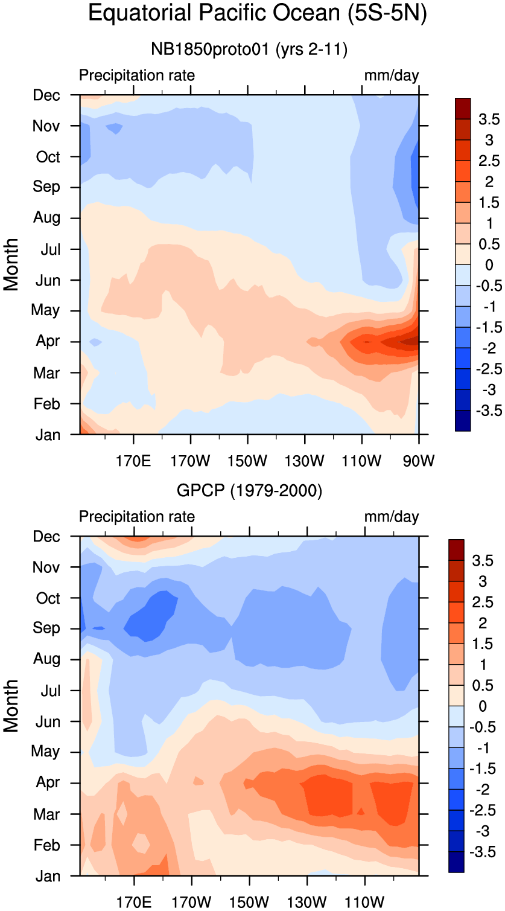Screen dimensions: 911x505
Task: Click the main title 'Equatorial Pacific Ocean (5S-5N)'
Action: (x=257, y=13)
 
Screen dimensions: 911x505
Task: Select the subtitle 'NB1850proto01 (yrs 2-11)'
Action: (x=249, y=50)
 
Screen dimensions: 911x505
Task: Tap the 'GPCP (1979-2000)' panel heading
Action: (x=249, y=491)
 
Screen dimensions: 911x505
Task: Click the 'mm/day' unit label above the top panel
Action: (x=391, y=75)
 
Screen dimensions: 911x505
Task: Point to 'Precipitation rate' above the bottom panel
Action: (x=137, y=517)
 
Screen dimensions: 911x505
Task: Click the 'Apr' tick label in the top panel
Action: (x=48, y=342)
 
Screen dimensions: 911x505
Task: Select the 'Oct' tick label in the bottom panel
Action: (x=48, y=598)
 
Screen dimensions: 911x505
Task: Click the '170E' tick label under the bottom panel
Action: (x=133, y=903)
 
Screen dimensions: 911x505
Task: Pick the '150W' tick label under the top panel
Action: (x=247, y=462)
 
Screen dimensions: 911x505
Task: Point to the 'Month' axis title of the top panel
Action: (x=11, y=264)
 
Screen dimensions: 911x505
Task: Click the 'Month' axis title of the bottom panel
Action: (x=11, y=706)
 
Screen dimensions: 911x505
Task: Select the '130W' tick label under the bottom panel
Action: (x=306, y=903)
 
